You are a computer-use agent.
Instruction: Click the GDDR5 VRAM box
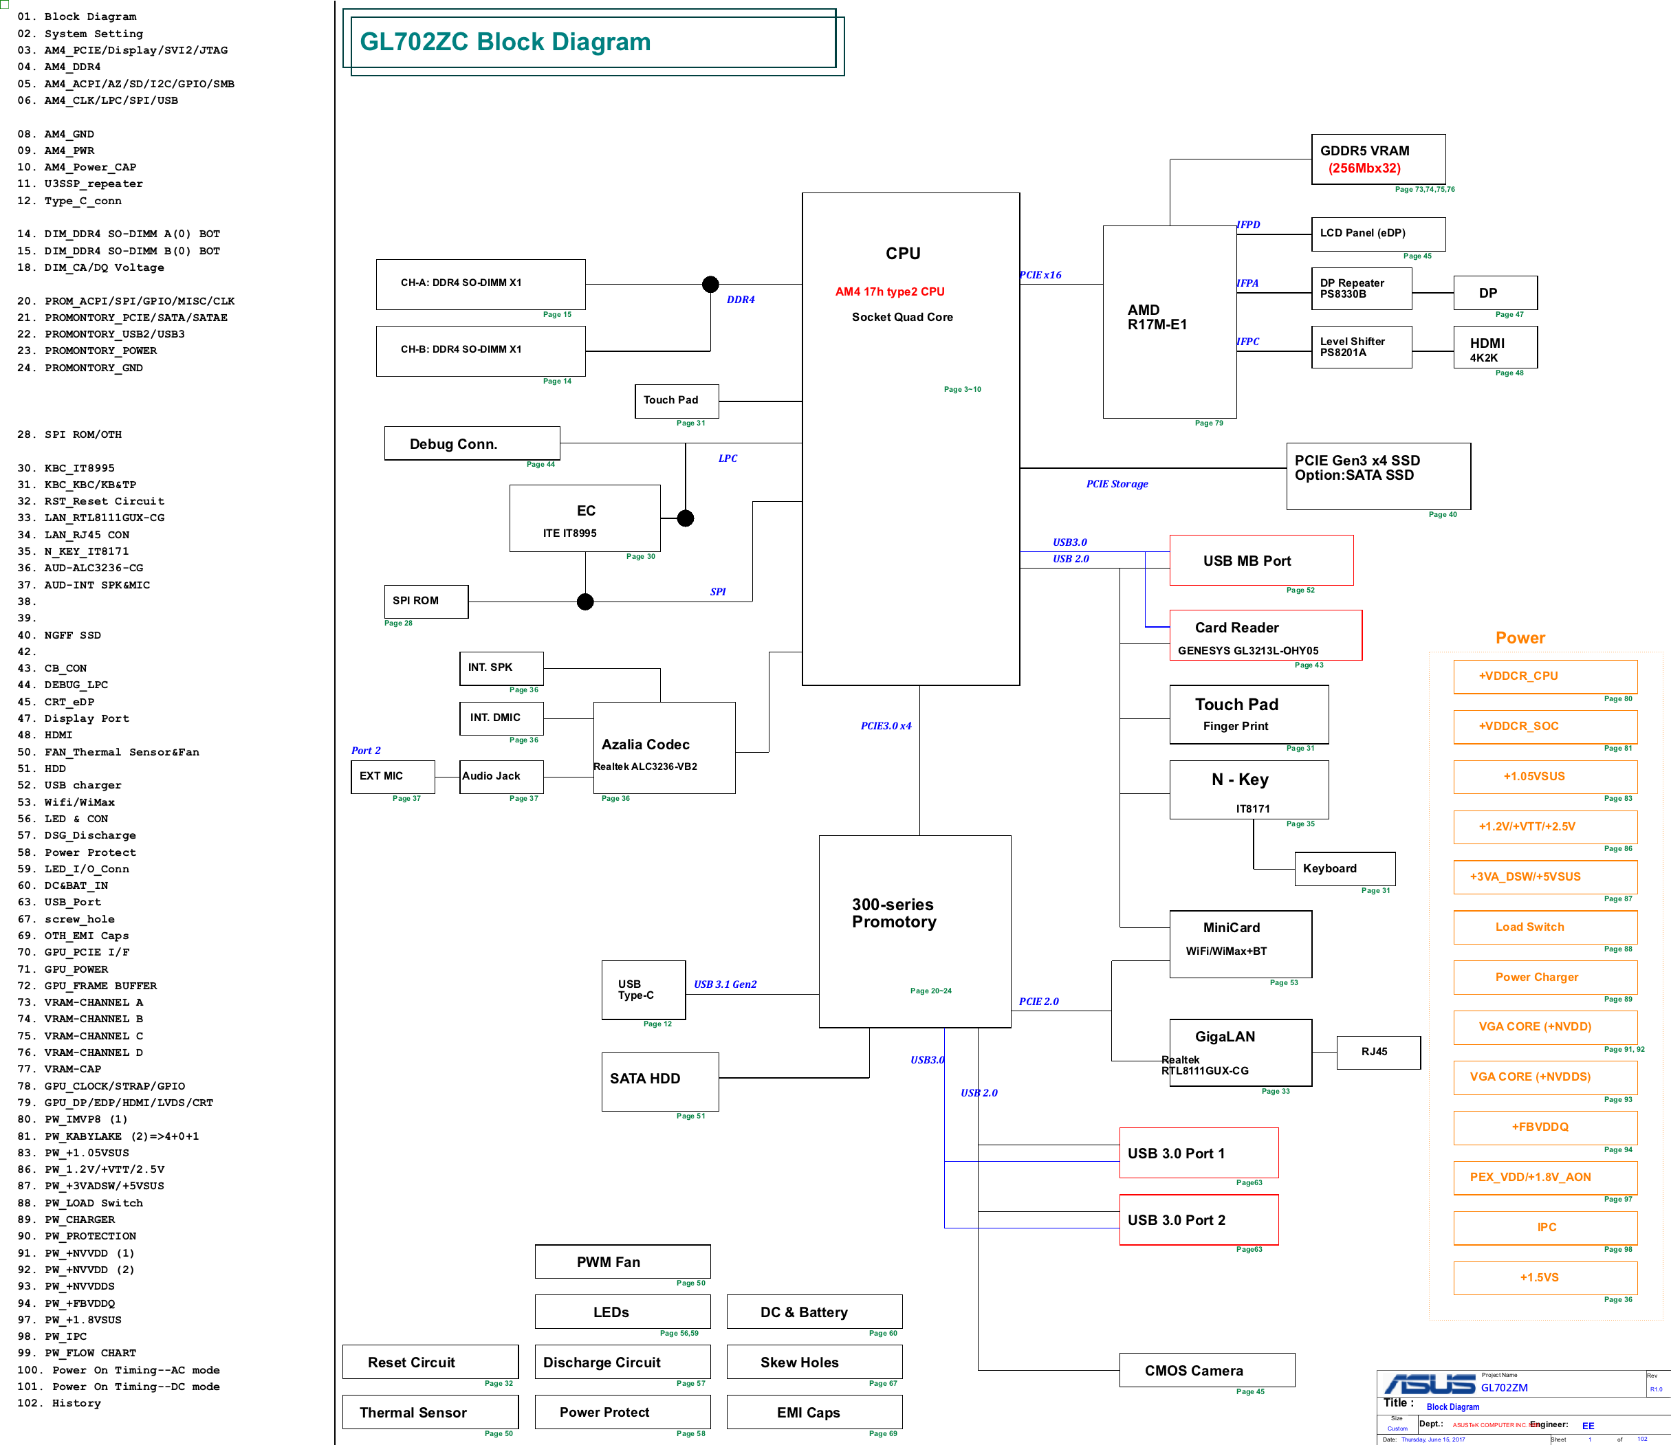1377,159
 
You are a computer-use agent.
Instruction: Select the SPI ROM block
425,602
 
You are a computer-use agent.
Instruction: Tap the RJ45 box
1377,1052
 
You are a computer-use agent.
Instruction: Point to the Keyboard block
1344,868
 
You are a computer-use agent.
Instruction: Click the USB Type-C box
643,989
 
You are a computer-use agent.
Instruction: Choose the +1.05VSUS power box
1544,777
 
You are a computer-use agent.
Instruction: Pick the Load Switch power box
1544,927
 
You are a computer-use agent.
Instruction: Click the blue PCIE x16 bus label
1040,275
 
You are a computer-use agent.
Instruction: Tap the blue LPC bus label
728,458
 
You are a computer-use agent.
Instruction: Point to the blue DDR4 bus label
741,299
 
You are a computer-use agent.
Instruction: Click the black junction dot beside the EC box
686,518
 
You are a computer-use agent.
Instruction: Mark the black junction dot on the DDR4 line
710,284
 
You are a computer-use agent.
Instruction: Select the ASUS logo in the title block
1429,1385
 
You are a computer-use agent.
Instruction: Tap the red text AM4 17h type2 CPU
890,292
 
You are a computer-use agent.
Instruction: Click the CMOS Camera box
1206,1370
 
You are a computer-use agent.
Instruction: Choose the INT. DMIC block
501,718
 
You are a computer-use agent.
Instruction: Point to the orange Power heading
1520,638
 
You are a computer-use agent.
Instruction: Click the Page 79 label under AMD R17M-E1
1208,423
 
